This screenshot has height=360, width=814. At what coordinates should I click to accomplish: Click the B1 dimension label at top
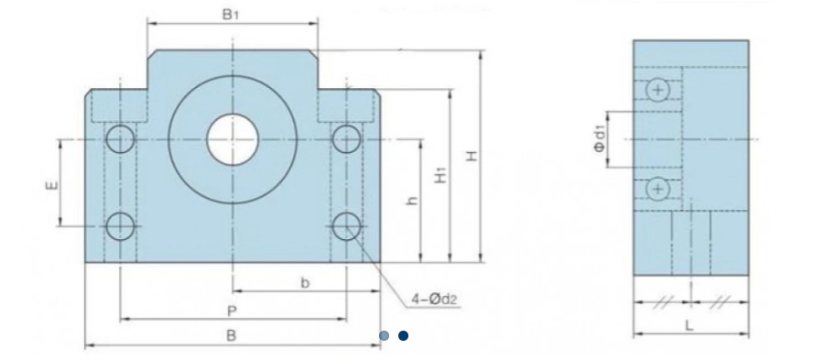coord(230,15)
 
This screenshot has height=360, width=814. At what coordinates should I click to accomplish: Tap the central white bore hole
coord(233,140)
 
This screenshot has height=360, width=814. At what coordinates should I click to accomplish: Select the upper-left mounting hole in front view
coord(121,139)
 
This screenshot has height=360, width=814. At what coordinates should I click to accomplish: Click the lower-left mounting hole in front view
coord(121,226)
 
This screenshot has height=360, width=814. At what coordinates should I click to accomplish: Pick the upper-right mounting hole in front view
coord(346,139)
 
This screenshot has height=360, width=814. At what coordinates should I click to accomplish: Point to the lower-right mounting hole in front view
coord(346,226)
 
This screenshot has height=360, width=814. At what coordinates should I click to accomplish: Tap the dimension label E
coord(52,185)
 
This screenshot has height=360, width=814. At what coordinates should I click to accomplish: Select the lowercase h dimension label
coord(413,201)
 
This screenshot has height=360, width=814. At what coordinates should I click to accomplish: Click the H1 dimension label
coord(440,176)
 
